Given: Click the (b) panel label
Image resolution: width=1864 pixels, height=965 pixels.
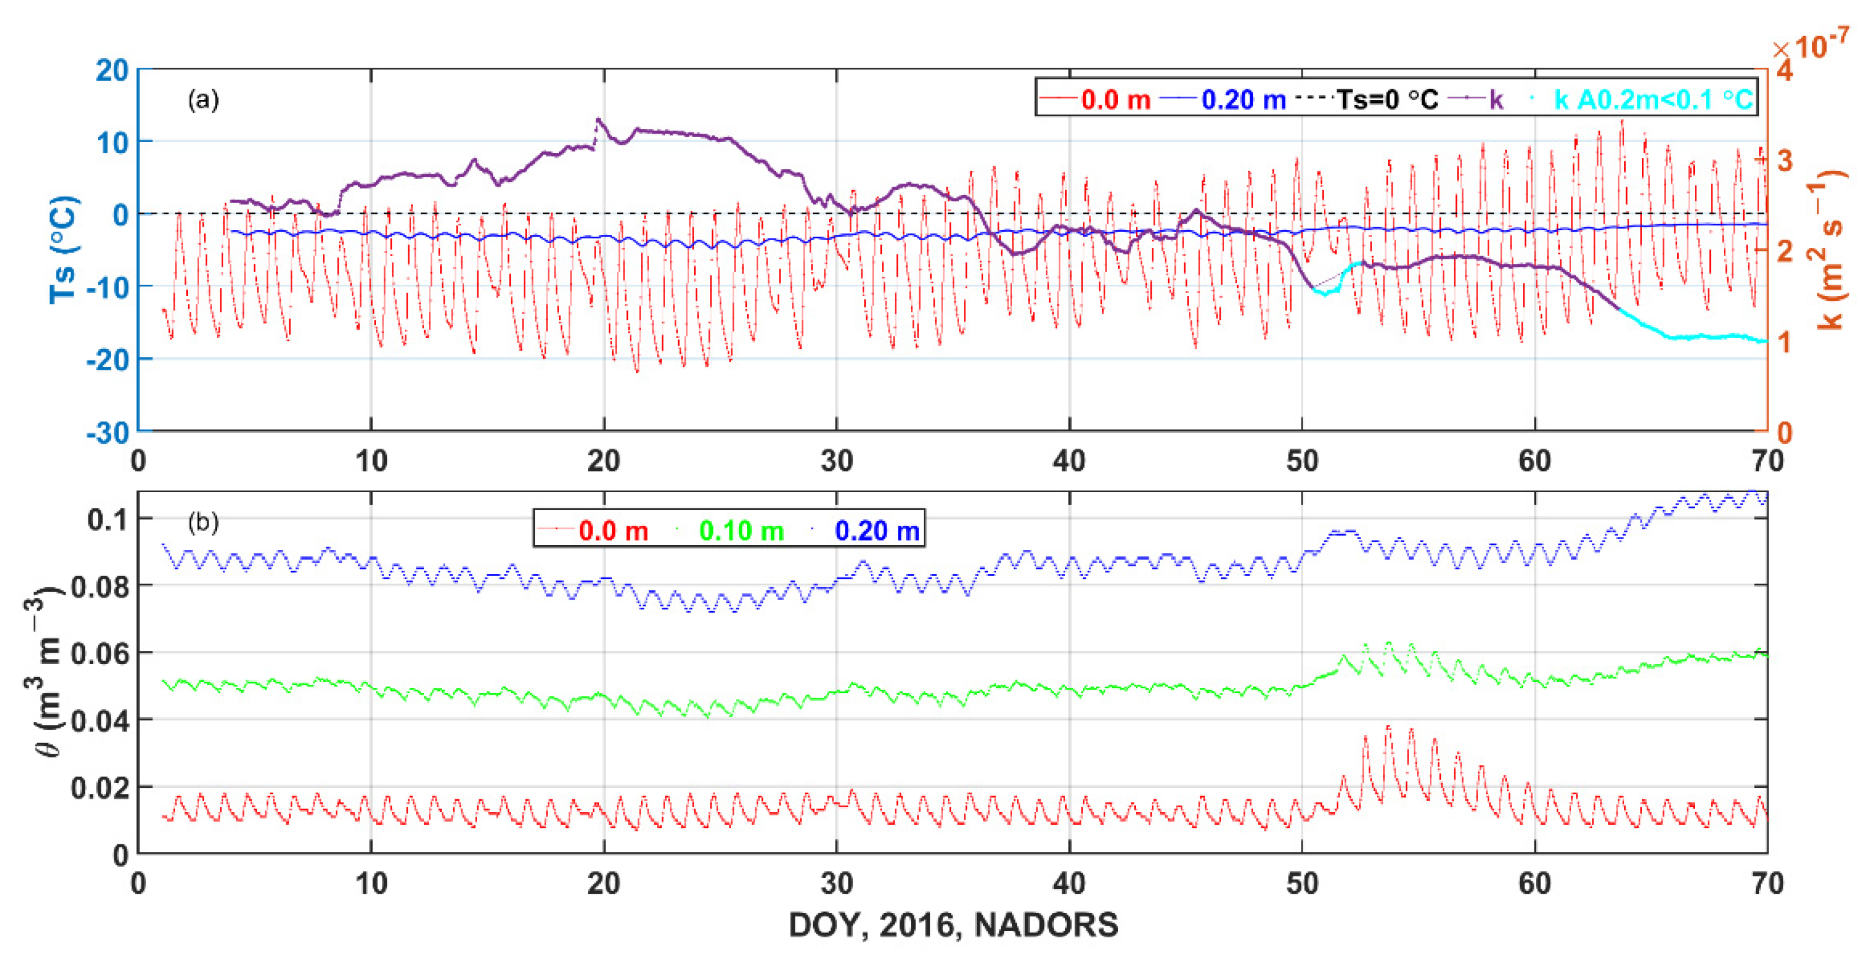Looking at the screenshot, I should pyautogui.click(x=203, y=522).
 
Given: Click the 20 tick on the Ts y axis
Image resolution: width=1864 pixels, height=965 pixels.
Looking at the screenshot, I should pyautogui.click(x=111, y=71).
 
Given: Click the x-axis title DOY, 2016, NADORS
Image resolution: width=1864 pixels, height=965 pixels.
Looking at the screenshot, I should pyautogui.click(x=953, y=925).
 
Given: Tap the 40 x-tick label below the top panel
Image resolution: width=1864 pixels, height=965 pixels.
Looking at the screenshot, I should pyautogui.click(x=1069, y=461).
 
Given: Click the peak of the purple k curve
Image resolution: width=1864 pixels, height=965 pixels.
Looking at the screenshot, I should pyautogui.click(x=598, y=120).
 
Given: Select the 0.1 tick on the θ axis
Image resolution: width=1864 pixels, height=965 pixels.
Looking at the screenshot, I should pyautogui.click(x=108, y=519).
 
